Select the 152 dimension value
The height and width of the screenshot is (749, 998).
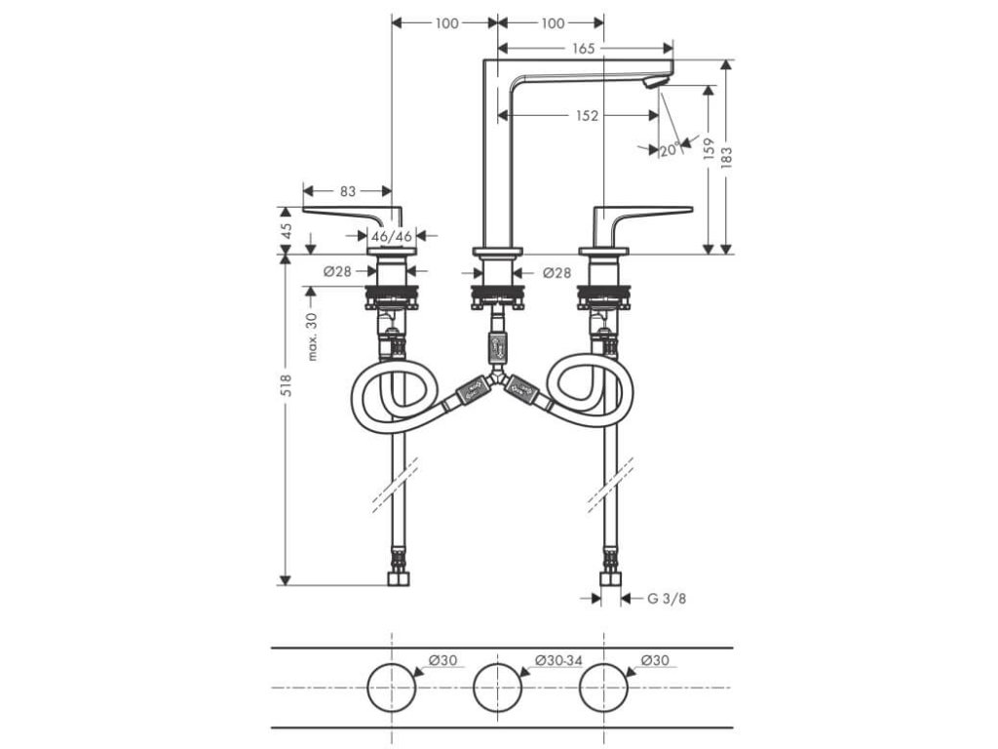pyautogui.click(x=586, y=115)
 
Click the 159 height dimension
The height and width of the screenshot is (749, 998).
pyautogui.click(x=710, y=148)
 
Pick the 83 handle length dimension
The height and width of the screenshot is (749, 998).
pyautogui.click(x=348, y=191)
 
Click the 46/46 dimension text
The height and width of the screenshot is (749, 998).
pyautogui.click(x=394, y=236)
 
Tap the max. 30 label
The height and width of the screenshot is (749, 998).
pyautogui.click(x=312, y=337)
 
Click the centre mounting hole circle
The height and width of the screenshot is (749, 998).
pyautogui.click(x=498, y=689)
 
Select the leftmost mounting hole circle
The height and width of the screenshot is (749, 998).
pyautogui.click(x=392, y=689)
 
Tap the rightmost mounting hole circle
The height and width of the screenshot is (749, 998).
pyautogui.click(x=604, y=689)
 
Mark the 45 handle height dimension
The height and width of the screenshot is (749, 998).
pyautogui.click(x=287, y=231)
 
